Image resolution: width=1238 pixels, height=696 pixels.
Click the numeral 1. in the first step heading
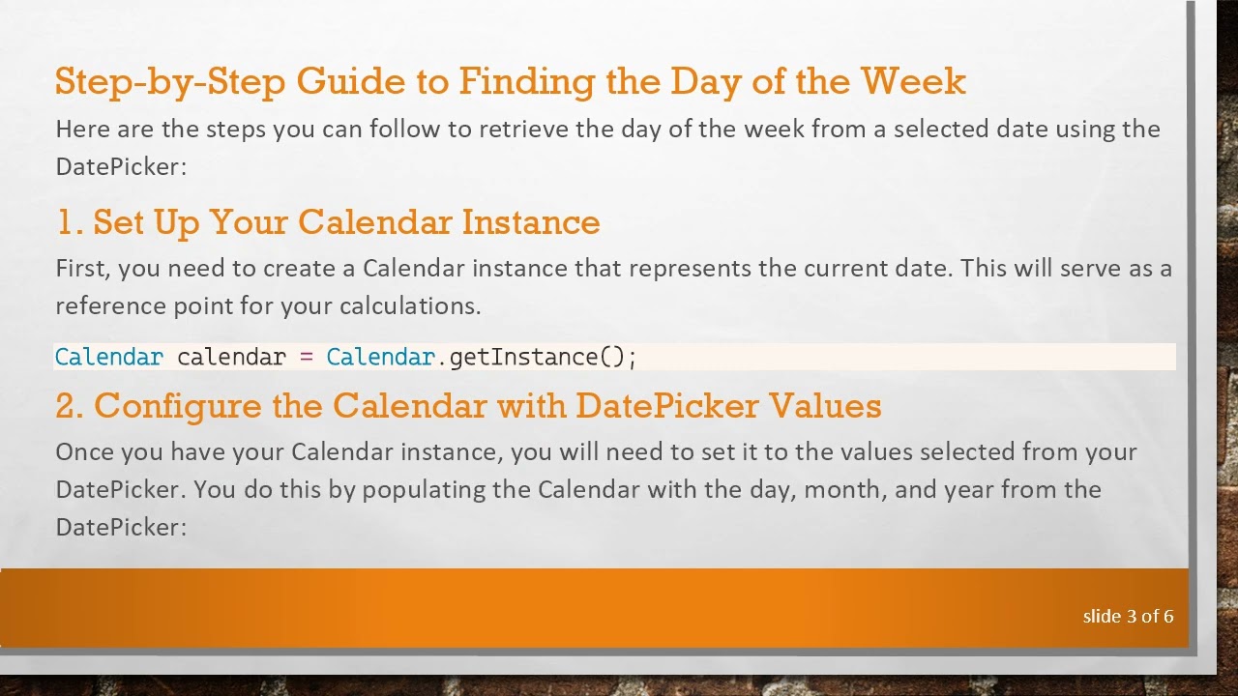tap(69, 222)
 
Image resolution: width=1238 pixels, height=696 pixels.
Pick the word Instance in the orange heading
tap(531, 222)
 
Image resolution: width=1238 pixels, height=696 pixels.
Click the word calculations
tap(410, 306)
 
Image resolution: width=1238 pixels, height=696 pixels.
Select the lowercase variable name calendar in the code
tap(231, 357)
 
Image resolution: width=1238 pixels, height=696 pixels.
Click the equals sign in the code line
tap(307, 357)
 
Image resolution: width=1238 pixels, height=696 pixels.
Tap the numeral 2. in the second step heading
tap(70, 406)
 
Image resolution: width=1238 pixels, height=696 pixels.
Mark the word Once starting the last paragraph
tap(81, 451)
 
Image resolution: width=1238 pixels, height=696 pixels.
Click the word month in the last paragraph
tap(844, 489)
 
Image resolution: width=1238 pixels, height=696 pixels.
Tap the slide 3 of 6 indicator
tap(1128, 616)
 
